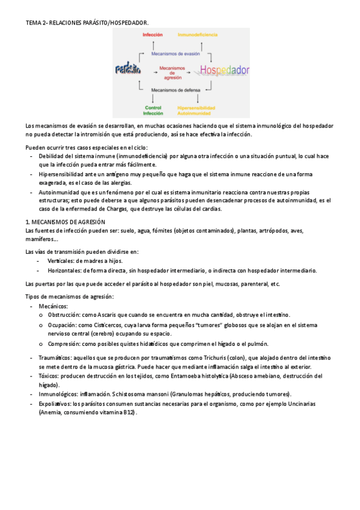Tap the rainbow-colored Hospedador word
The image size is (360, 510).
click(x=224, y=70)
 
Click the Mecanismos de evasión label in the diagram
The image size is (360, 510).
click(x=175, y=53)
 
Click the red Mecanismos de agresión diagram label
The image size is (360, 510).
click(x=175, y=72)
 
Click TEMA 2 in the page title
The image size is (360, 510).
click(x=37, y=23)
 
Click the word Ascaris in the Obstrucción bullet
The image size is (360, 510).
click(x=97, y=315)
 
